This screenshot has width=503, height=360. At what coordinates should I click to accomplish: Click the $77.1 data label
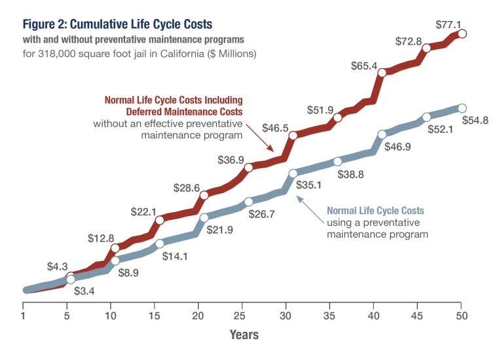448,25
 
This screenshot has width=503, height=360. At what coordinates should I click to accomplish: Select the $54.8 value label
476,120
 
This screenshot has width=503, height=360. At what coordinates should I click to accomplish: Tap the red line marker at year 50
462,33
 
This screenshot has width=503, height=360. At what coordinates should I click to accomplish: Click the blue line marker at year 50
462,108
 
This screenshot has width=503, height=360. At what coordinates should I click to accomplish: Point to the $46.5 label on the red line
276,128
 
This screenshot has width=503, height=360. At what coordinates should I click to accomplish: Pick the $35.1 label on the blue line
310,185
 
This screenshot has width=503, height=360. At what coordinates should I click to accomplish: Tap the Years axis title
244,335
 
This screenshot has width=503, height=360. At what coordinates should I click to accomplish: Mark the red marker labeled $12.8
115,248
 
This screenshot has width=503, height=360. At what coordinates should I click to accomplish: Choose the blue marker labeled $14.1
159,243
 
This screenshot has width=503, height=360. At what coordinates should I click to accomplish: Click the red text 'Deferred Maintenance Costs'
184,112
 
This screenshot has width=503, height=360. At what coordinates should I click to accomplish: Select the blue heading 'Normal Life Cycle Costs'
375,210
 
